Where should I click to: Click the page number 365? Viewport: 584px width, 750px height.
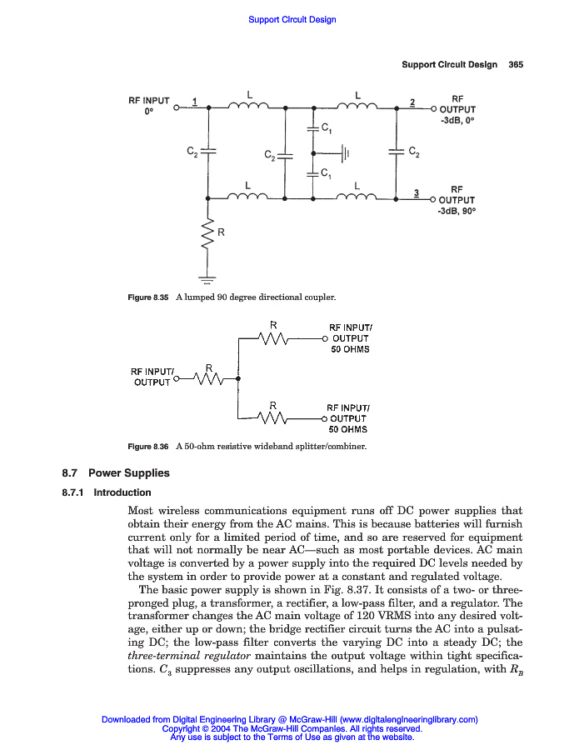(515, 65)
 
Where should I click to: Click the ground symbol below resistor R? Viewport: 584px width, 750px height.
(207, 279)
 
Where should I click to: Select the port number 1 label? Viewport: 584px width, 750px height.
(194, 102)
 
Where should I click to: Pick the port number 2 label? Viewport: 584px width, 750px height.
(412, 102)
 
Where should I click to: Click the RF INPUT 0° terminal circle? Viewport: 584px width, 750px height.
(177, 107)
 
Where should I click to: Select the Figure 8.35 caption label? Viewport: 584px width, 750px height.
(148, 297)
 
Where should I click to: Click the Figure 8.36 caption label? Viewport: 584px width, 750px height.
(148, 447)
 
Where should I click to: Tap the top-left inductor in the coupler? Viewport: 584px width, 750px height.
(247, 105)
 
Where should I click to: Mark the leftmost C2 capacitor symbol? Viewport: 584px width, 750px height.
(207, 152)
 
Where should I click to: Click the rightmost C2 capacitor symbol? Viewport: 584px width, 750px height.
(395, 152)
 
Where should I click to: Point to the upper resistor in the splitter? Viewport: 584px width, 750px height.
(273, 338)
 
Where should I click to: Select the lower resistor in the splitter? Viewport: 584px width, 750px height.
(273, 417)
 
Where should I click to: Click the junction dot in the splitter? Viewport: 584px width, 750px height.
(239, 379)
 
